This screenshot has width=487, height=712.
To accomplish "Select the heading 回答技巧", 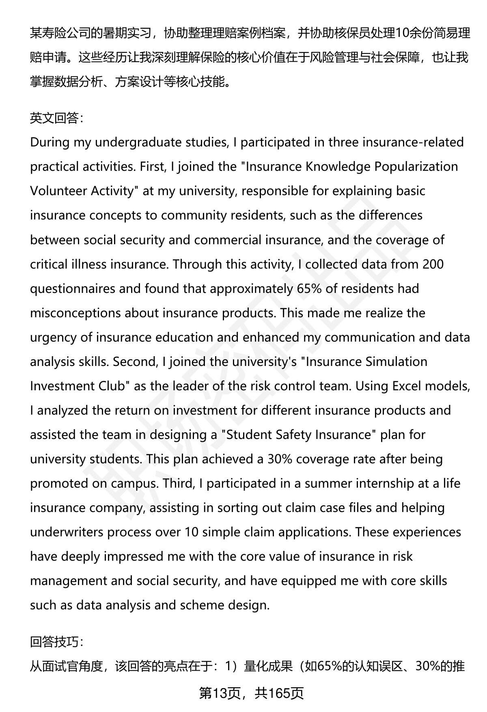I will (x=57, y=641).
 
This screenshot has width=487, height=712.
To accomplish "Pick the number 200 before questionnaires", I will (x=433, y=264).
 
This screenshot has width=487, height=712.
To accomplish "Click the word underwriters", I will (x=67, y=532).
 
